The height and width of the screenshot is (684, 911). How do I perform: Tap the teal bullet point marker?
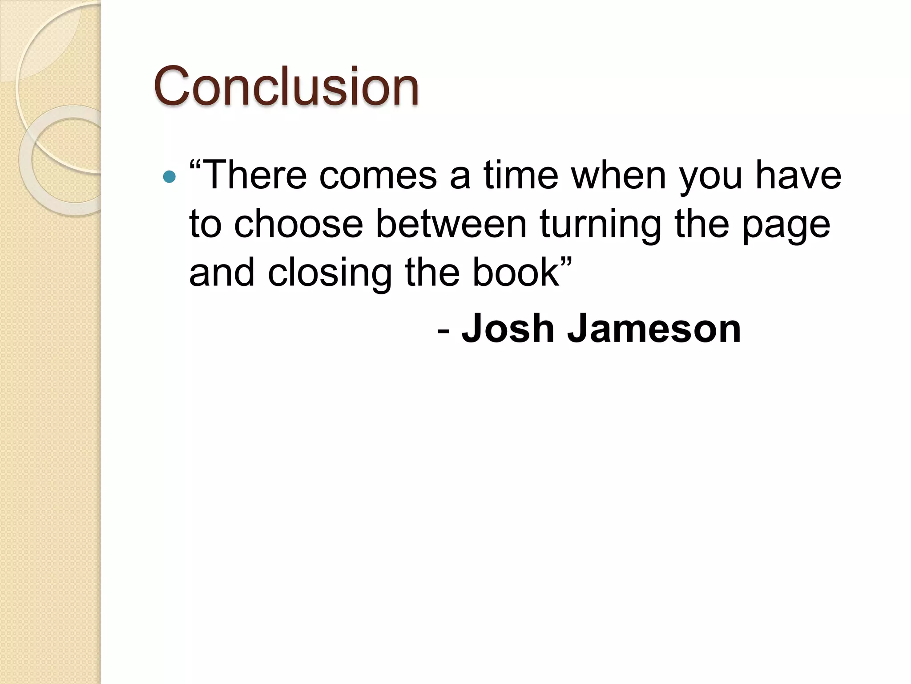click(169, 177)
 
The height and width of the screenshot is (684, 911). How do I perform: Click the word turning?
click(601, 225)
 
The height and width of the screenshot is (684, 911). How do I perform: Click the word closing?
click(330, 274)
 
